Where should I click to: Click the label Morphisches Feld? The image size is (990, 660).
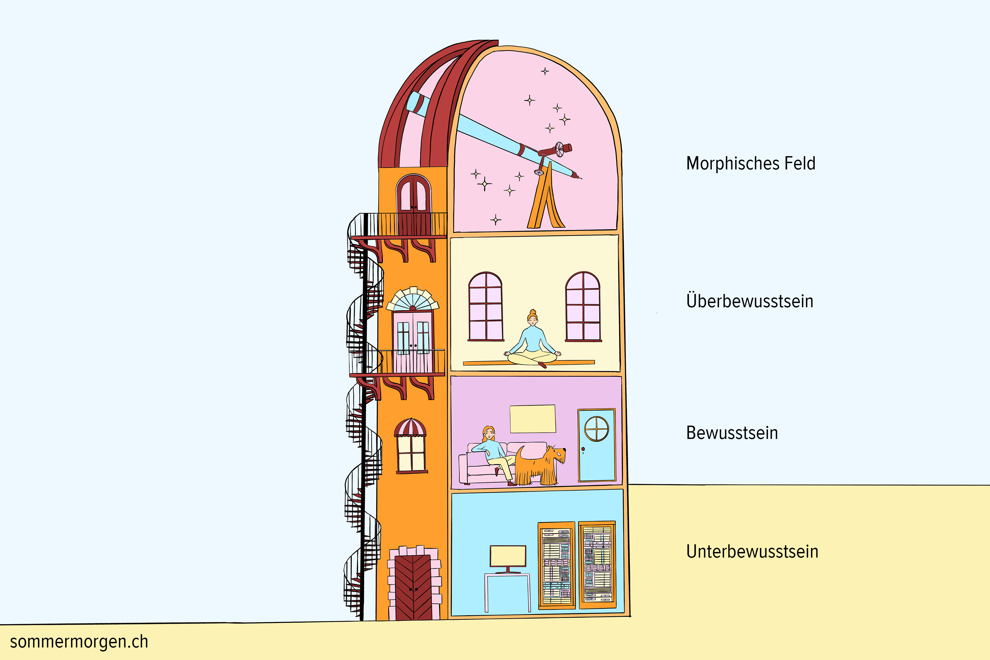(x=751, y=163)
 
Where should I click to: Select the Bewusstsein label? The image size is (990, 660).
(x=732, y=433)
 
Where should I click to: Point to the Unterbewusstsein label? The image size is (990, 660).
(x=752, y=551)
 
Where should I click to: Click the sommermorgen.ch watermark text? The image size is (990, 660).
(x=79, y=642)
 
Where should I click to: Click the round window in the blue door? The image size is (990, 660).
(x=597, y=429)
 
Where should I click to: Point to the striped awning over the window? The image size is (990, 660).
(x=410, y=427)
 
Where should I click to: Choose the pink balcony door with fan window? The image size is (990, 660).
(x=412, y=333)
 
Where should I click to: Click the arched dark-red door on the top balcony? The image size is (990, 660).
(x=414, y=205)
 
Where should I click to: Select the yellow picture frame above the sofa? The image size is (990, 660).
(x=533, y=419)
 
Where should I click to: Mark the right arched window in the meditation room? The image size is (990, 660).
(x=583, y=306)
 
